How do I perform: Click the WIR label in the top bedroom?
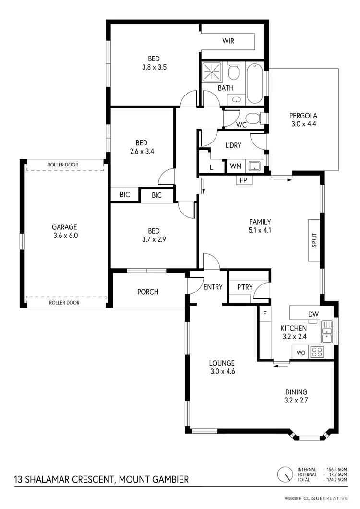[228, 41]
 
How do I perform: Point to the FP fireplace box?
[242, 180]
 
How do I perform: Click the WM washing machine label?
[236, 166]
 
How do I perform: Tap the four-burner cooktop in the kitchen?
[317, 352]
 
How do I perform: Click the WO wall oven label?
[301, 352]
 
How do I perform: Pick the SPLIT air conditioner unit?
[314, 240]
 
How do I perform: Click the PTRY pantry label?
[241, 287]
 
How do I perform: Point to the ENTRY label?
[213, 287]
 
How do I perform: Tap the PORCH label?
[148, 292]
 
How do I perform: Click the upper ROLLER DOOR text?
[63, 165]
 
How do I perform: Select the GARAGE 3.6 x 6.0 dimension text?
[65, 236]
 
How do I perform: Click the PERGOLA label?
[303, 115]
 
